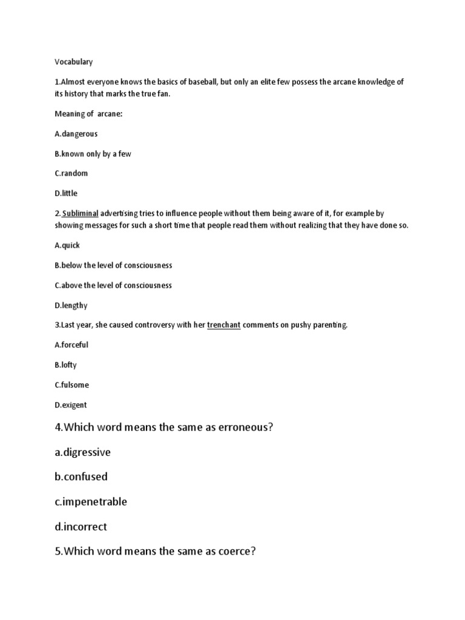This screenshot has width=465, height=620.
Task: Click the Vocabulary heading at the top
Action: [74, 62]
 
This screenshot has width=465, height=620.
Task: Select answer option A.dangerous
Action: [76, 134]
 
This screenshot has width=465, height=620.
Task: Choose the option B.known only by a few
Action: [93, 154]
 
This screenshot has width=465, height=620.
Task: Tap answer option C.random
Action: [71, 173]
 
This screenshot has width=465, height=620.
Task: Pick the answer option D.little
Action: [66, 193]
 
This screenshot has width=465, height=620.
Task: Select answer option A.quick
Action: [67, 245]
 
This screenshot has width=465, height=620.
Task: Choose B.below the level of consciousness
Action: [113, 265]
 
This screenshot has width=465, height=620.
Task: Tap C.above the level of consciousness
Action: [113, 285]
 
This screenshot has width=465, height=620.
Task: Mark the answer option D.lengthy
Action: [71, 306]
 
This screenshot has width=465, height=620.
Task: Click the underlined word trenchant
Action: [224, 325]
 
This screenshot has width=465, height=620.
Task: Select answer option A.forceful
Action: [71, 345]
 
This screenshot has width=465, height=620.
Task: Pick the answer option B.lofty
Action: [65, 365]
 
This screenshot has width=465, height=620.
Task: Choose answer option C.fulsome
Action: [71, 384]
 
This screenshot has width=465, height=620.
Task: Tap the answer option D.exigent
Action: [71, 404]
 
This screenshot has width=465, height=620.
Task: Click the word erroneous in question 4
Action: [240, 427]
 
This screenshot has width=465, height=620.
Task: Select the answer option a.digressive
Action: [82, 452]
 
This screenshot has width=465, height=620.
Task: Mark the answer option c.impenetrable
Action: [91, 502]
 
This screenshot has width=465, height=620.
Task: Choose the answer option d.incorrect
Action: [81, 527]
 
